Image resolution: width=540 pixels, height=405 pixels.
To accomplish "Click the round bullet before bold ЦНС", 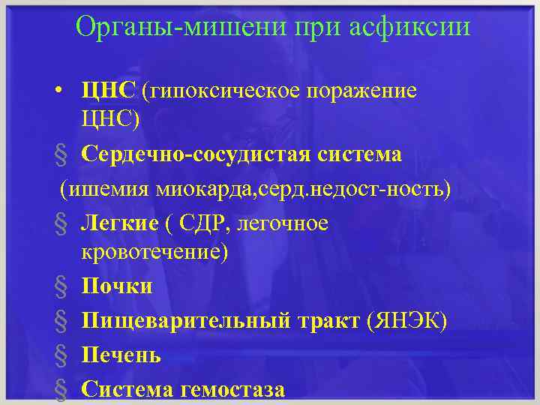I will click(58, 92).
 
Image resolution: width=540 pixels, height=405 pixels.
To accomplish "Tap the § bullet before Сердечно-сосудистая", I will click(59, 155).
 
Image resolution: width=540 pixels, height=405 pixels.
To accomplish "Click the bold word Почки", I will click(117, 286).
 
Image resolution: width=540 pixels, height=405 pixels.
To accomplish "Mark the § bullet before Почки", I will click(59, 286).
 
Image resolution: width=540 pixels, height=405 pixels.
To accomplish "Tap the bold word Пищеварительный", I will click(184, 321).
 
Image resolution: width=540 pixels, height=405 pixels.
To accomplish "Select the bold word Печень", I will click(121, 355).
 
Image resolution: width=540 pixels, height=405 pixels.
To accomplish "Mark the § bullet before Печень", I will click(59, 355).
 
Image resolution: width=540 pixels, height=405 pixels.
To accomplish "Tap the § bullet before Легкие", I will click(59, 223).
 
